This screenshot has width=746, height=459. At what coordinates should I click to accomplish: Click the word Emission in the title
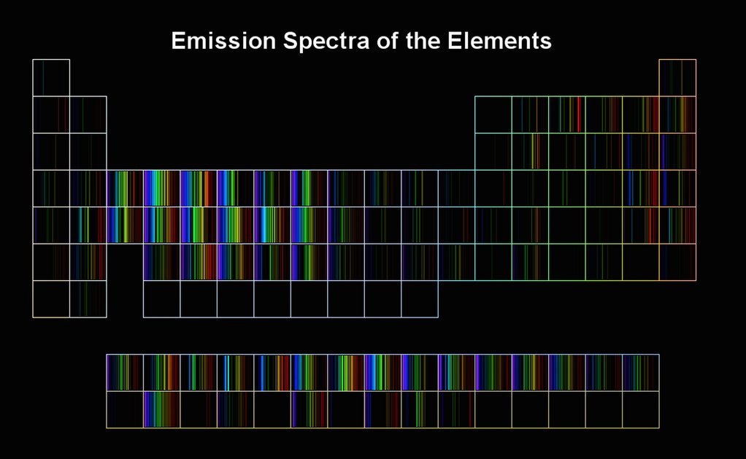coord(223,40)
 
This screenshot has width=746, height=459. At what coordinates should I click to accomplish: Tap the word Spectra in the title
coord(326,42)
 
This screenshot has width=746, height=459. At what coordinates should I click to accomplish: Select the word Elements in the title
coord(499,40)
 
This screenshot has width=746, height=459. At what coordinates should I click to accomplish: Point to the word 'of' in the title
coord(388,40)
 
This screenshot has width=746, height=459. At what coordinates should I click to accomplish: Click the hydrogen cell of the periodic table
coord(51,78)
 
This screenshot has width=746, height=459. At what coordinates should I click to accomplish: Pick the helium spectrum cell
coord(677,78)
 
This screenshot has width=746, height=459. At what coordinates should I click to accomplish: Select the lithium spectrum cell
coord(51,115)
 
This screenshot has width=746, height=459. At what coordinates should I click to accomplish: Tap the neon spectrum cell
coord(677,115)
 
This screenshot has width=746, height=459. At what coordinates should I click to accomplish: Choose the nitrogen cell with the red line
coord(567,115)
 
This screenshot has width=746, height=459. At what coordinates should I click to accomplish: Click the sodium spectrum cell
coord(51,152)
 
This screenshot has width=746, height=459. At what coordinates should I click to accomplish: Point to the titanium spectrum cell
coord(162,188)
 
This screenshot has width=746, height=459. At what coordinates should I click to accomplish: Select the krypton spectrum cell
coord(677,188)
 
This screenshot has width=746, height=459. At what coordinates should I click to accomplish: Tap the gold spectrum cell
coord(420,262)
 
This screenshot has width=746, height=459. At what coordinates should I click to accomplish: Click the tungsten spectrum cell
coord(236,262)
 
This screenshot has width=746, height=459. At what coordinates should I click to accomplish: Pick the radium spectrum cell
coord(88,299)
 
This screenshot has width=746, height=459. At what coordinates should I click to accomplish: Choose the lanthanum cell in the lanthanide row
coord(125,372)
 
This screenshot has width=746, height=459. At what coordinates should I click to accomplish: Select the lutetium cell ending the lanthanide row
coord(641,372)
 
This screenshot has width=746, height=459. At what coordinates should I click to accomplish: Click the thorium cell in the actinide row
coord(162,409)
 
